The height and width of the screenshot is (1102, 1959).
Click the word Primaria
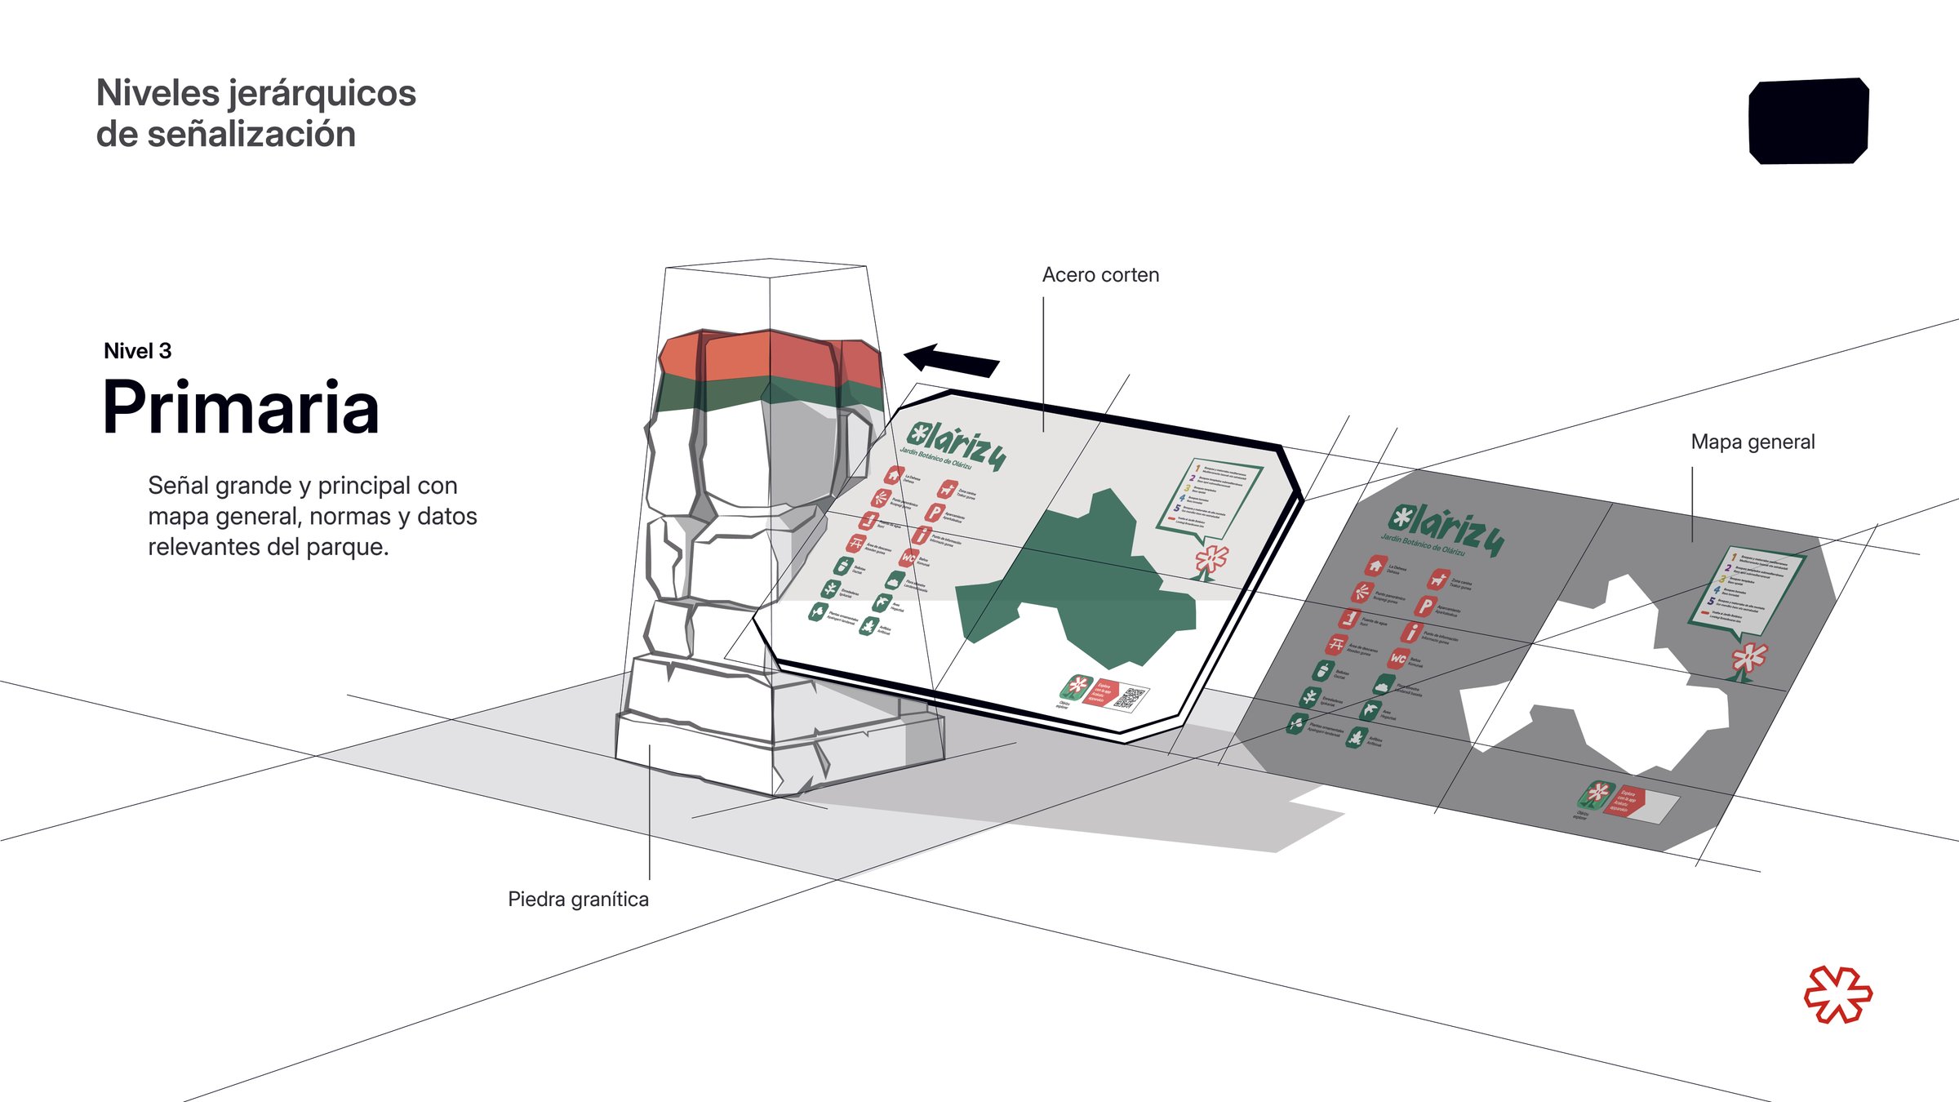click(241, 407)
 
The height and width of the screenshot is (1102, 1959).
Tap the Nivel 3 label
click(137, 351)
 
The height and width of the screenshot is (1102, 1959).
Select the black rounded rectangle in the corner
click(1808, 121)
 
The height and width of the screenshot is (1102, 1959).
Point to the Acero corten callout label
click(1100, 275)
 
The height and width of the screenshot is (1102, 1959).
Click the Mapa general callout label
click(1752, 442)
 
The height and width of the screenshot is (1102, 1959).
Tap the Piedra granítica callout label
click(578, 899)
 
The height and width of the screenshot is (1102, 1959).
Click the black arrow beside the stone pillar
click(951, 360)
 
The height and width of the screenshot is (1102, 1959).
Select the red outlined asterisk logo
click(1837, 994)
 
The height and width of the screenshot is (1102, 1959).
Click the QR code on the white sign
click(1131, 698)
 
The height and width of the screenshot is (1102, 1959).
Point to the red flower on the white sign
click(1210, 561)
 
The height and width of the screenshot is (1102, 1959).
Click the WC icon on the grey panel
click(1398, 658)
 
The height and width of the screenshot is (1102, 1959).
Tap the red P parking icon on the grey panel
click(1424, 607)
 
